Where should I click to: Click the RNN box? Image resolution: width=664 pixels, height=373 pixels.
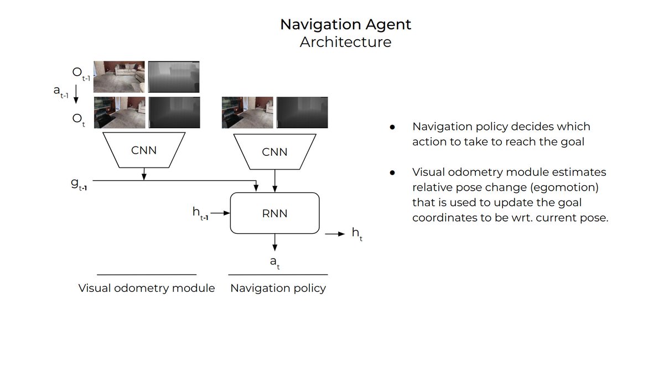(274, 213)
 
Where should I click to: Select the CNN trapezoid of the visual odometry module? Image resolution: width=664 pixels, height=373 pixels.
(143, 149)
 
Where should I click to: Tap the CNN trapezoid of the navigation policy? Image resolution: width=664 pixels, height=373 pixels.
(274, 151)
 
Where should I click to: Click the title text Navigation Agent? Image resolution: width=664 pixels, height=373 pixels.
(345, 24)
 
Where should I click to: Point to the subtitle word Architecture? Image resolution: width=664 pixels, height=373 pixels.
(345, 42)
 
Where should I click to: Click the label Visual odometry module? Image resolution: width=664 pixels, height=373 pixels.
(147, 288)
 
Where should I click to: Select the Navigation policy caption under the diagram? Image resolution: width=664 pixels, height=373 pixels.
(278, 288)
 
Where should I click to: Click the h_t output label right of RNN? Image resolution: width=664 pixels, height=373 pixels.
(357, 234)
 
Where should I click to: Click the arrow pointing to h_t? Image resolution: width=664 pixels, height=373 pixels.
(335, 234)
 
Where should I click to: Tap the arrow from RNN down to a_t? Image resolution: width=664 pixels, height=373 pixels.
(274, 243)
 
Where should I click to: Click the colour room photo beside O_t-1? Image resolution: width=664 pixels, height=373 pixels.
(119, 76)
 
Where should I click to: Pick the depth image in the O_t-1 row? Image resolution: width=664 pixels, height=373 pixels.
(174, 76)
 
